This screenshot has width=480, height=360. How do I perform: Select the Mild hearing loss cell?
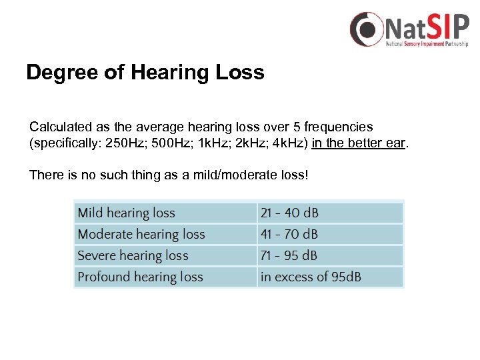pos(126,213)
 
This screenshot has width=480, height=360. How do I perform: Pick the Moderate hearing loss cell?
pos(141,234)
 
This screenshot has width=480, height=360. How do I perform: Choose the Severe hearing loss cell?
pos(133,255)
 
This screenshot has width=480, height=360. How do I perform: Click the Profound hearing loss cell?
pos(140,277)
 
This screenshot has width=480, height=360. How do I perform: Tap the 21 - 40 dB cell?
pos(289,213)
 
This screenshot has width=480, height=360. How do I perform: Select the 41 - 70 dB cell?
pos(289,234)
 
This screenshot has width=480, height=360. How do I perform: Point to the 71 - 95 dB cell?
pos(289,255)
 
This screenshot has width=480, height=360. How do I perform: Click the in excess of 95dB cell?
pos(311,277)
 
